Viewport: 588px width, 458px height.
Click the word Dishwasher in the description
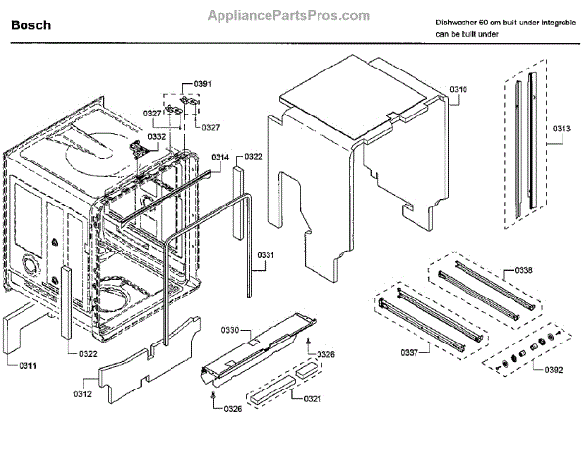point(460,22)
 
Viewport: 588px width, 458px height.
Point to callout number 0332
point(157,137)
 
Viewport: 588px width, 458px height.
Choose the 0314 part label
point(220,157)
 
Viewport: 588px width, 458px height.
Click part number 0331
point(268,256)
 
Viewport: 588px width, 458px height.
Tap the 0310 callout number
point(459,90)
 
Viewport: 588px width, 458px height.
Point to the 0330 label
point(231,329)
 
